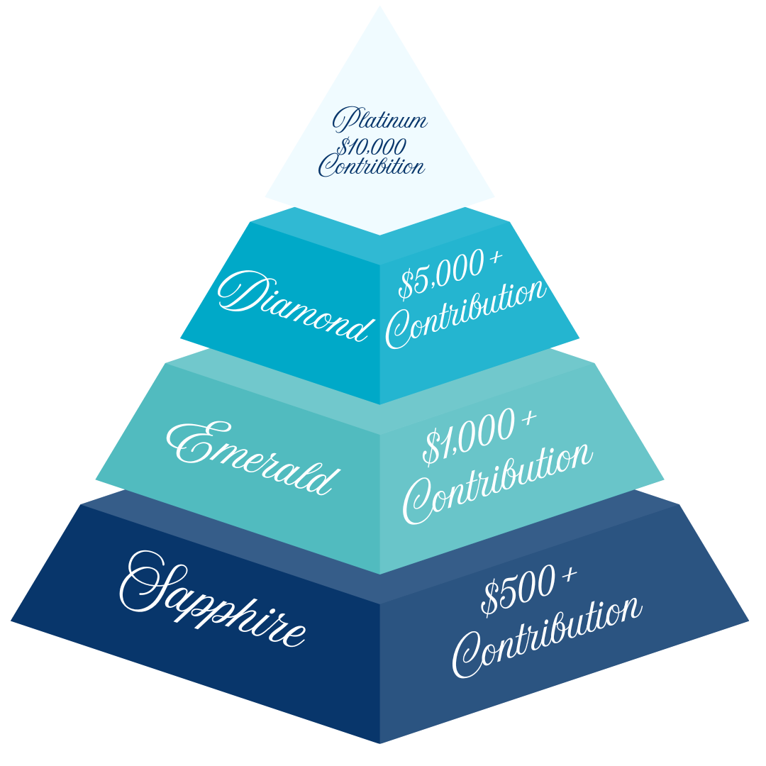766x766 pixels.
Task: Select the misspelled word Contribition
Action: (372, 167)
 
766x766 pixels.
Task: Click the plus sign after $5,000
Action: (494, 262)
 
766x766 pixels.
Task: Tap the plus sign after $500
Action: (567, 577)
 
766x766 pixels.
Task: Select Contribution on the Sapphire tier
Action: (546, 638)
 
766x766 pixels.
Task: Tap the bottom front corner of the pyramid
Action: (380, 742)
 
